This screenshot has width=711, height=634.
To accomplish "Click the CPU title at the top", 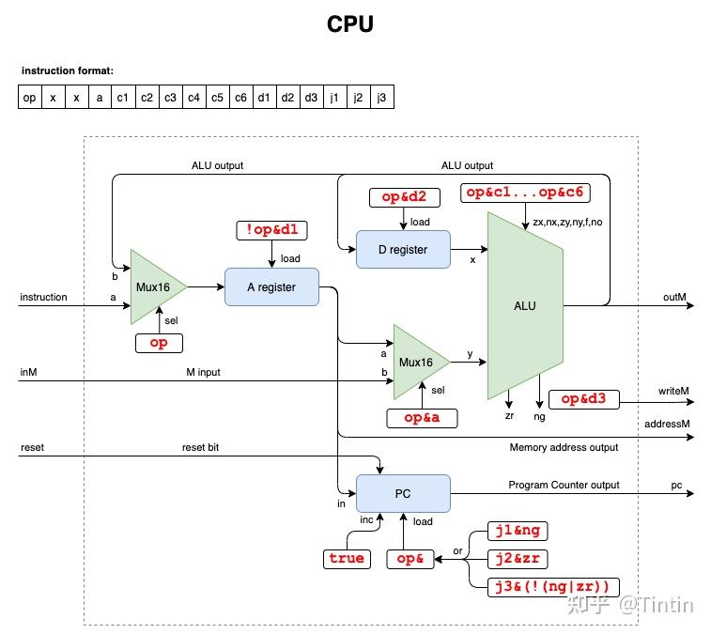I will (x=350, y=24).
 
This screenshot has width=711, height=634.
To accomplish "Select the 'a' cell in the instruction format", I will (x=100, y=97).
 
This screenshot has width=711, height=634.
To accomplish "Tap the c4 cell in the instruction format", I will (x=193, y=97).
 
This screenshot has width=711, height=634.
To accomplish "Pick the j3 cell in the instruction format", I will (x=380, y=97).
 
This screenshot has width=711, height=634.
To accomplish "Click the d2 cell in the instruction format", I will (x=287, y=97).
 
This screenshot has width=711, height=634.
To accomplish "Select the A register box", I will (x=271, y=287).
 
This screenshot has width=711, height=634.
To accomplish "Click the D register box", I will (x=403, y=249).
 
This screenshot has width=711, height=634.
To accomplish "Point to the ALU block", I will (x=525, y=305).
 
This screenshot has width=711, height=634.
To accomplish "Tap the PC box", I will (x=403, y=493).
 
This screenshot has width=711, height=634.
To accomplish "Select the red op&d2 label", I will (x=403, y=197).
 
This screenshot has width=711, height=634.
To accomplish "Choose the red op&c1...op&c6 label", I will (x=523, y=193).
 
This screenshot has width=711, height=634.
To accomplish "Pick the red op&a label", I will (x=422, y=418).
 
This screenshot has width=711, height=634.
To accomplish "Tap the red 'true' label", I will (x=346, y=558).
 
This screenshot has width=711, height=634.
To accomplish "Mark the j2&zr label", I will (x=517, y=559).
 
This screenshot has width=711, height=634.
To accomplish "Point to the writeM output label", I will (x=673, y=389).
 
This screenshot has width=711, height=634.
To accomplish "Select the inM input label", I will (x=28, y=372).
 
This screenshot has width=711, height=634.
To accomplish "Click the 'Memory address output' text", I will (x=564, y=447).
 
